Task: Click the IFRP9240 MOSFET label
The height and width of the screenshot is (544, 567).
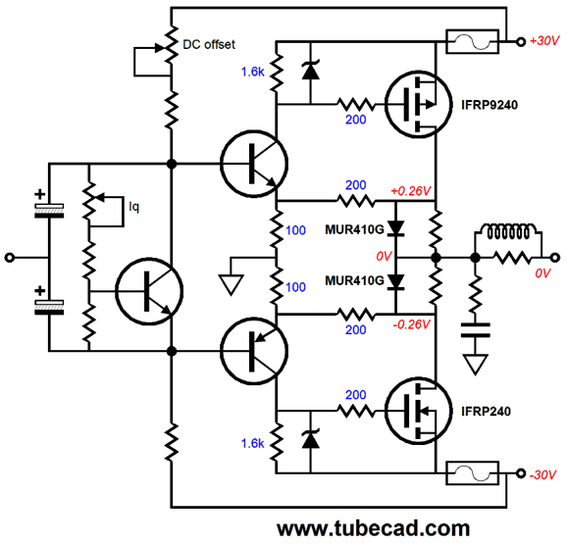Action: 490,105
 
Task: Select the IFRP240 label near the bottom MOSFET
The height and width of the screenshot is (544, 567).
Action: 486,411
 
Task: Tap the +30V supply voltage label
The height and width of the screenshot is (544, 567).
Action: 544,41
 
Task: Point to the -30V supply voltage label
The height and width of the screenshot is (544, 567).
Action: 542,474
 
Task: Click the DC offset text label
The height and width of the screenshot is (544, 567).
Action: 209,44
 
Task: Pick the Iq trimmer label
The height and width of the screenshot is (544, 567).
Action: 133,207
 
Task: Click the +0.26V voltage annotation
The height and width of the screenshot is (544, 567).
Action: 411,191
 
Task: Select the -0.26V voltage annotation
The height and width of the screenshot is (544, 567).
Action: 411,324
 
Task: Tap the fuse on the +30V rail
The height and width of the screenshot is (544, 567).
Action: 472,42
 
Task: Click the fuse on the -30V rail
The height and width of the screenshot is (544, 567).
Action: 473,472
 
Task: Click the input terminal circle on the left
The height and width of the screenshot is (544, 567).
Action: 10,258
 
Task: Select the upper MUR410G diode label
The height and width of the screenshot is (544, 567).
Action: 354,229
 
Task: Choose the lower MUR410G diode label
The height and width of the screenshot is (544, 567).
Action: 354,280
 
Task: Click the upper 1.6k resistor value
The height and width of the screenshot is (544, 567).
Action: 253,72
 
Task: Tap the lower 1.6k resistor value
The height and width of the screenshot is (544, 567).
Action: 253,443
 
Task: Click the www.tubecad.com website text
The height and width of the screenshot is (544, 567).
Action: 373,528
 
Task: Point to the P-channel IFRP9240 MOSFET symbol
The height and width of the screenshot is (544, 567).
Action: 418,105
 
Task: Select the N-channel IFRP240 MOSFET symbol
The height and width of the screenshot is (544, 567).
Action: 418,411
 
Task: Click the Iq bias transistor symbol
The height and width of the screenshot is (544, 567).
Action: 149,291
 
